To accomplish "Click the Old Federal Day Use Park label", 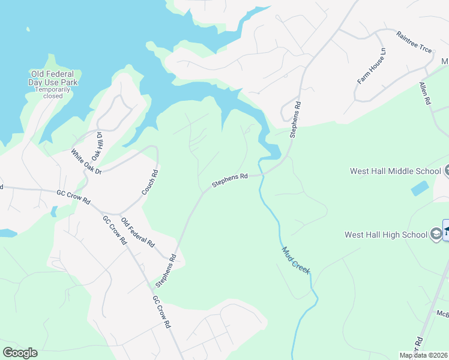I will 55,78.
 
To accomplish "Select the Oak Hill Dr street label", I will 97,146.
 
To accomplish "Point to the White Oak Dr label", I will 87,162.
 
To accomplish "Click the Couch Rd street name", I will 149,182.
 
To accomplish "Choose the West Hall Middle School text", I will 396,171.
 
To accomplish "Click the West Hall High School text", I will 386,235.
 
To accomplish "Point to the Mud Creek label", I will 296,259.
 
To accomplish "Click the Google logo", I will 20,353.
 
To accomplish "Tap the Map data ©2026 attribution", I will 424,355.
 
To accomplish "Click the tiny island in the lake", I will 28,29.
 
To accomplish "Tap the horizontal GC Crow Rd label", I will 73,196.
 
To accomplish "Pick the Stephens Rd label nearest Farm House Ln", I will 295,119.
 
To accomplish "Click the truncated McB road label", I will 442,314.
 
